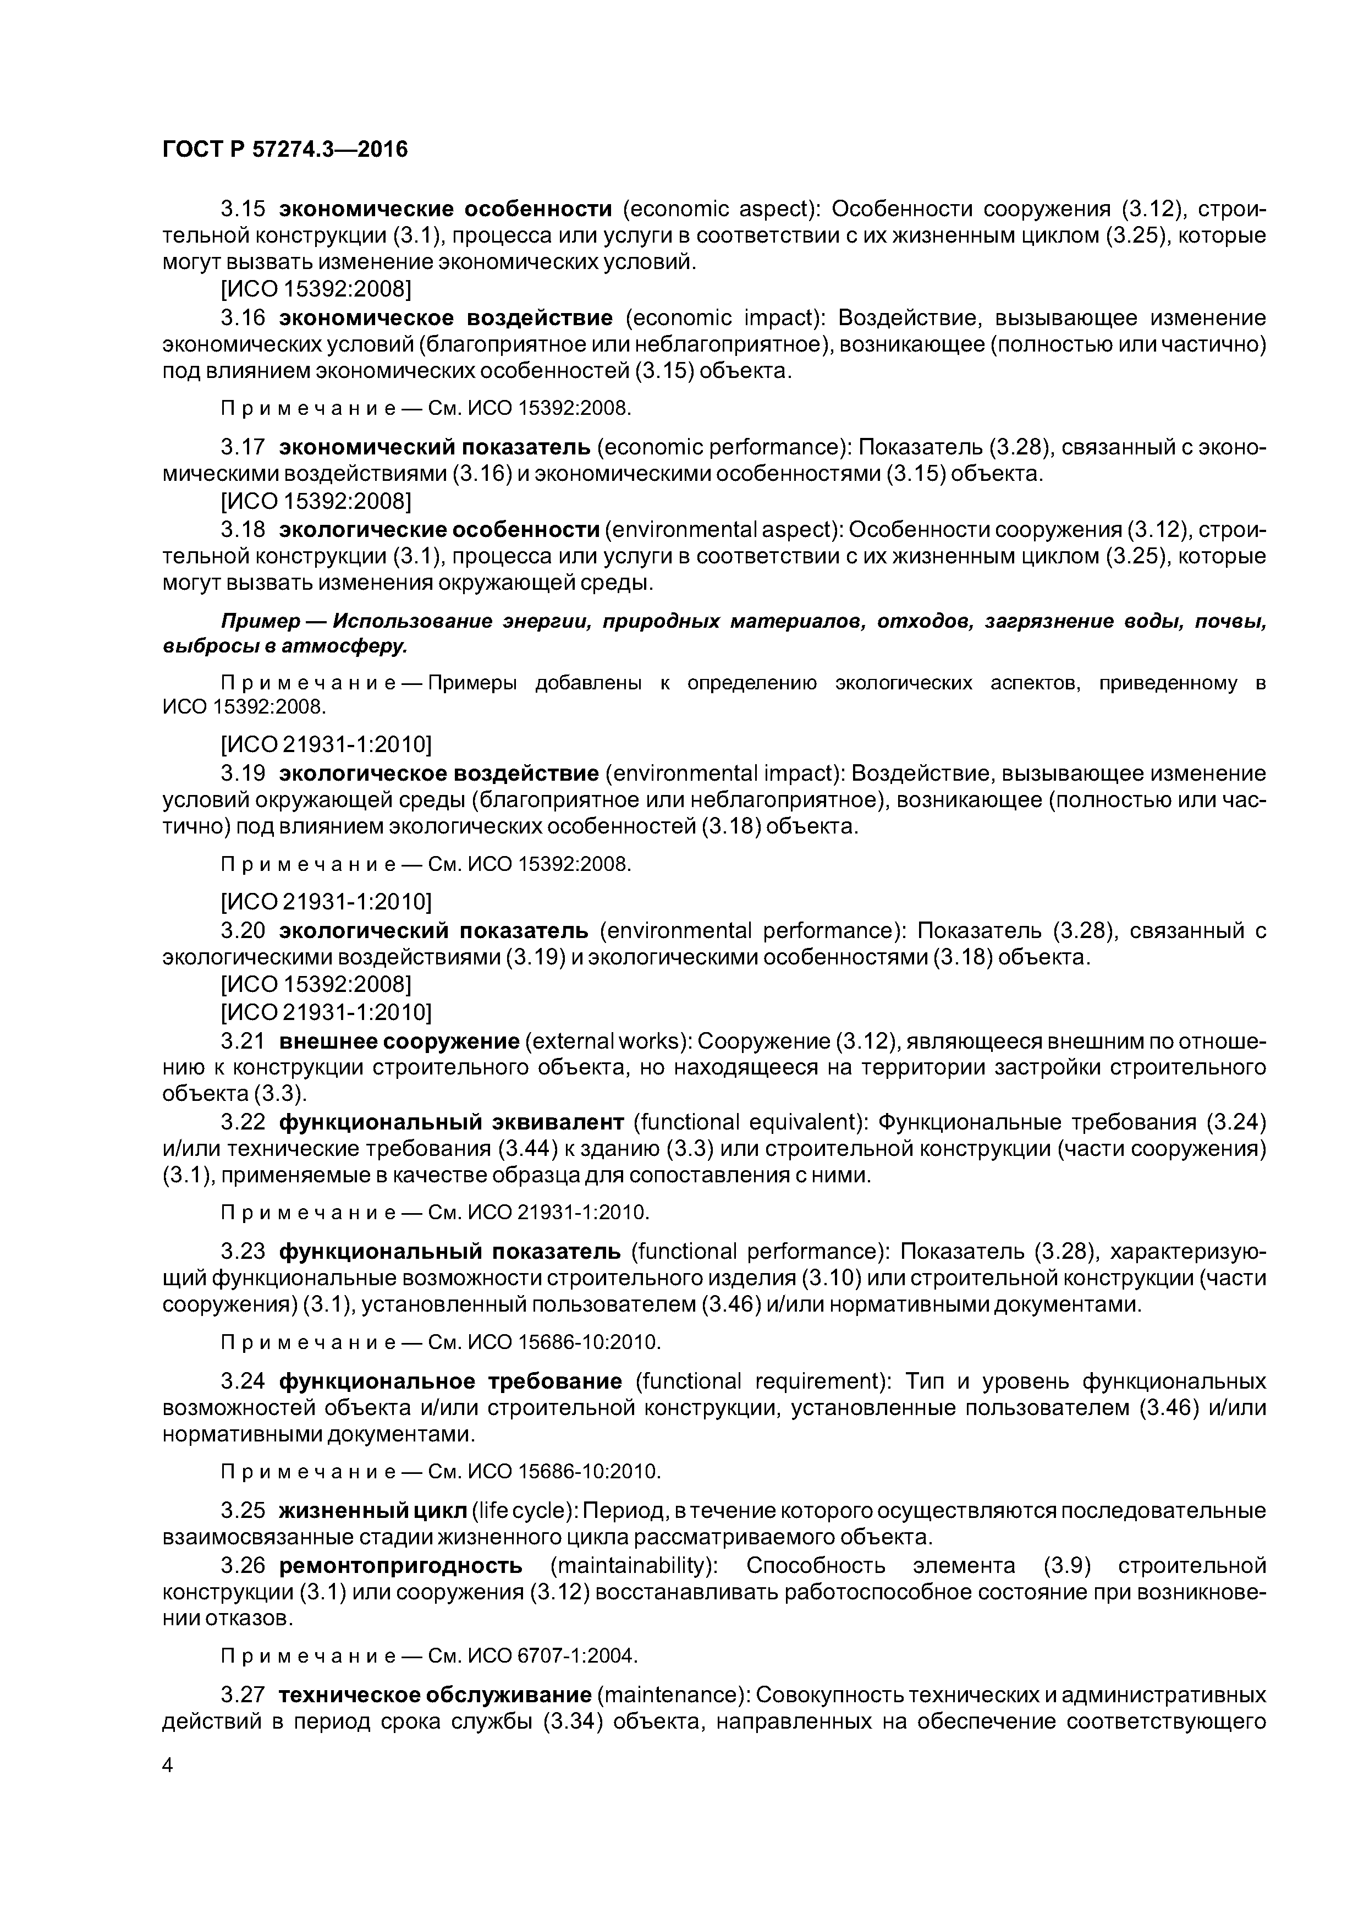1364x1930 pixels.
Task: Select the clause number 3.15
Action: [243, 209]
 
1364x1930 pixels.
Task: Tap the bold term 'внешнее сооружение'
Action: [399, 1041]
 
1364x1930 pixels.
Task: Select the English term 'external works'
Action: [603, 1041]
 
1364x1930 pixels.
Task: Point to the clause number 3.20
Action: [243, 930]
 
